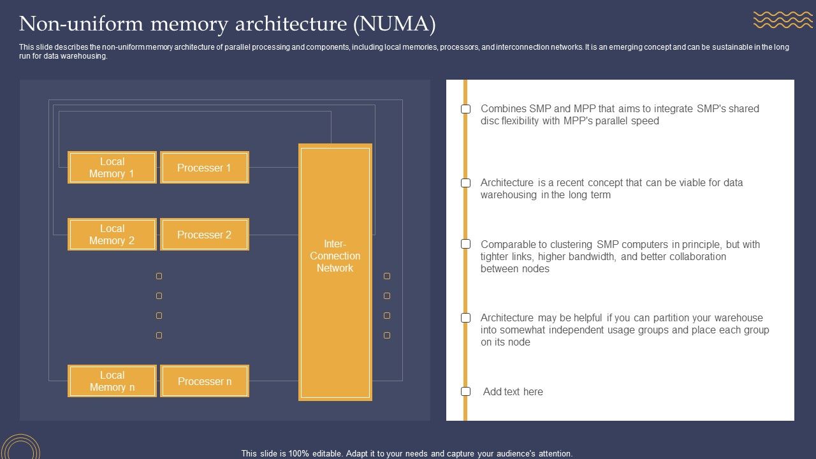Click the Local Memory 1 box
click(x=112, y=168)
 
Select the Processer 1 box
click(x=204, y=168)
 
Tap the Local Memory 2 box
click(x=112, y=235)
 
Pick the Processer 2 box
click(x=204, y=235)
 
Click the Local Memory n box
click(x=112, y=381)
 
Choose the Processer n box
click(x=204, y=381)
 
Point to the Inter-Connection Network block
click(x=335, y=272)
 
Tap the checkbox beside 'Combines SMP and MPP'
click(x=466, y=109)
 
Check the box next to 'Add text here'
click(x=466, y=391)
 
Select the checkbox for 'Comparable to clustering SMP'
click(x=466, y=244)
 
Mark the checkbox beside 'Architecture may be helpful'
click(x=466, y=317)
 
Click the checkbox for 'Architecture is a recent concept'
click(x=466, y=183)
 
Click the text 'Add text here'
click(x=513, y=391)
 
